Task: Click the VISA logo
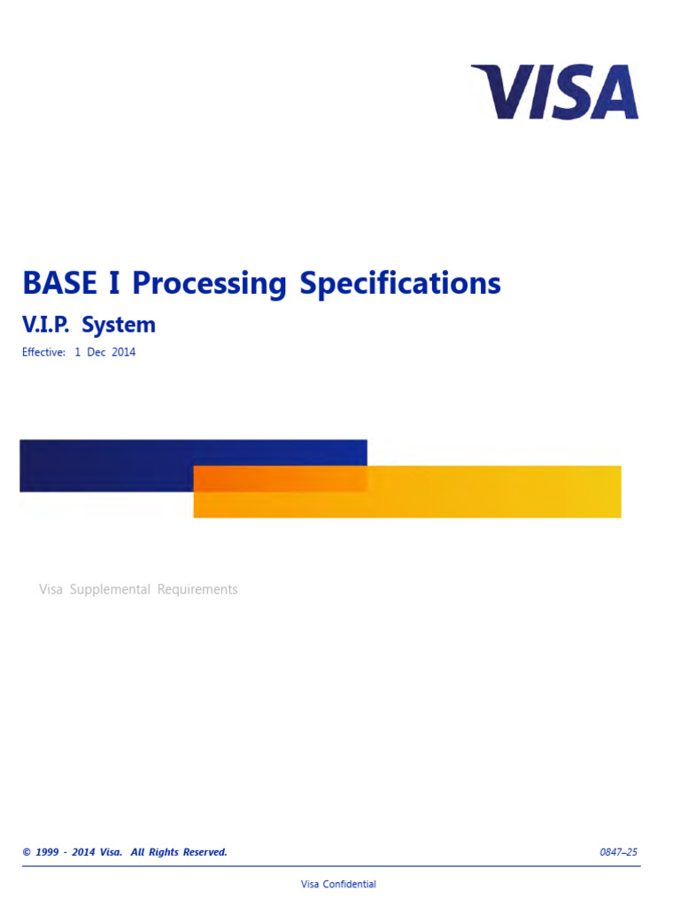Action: [555, 92]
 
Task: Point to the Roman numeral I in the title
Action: [113, 284]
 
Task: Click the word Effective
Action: [43, 352]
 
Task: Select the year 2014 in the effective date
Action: [123, 352]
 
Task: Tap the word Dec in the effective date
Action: [97, 352]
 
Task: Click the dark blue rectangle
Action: [106, 465]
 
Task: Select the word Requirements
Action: [197, 589]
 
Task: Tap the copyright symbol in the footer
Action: [27, 852]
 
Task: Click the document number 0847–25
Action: [618, 852]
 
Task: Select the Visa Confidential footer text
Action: [338, 884]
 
